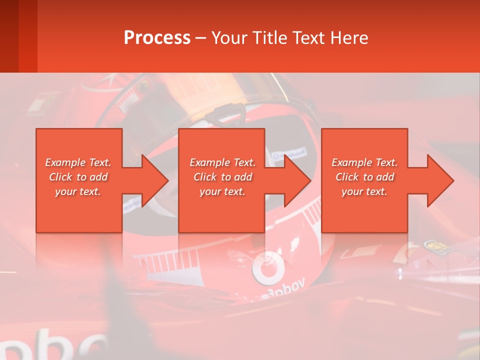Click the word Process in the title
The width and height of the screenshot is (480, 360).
[157, 37]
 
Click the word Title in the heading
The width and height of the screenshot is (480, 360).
[268, 37]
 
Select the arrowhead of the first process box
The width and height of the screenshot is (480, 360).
[155, 180]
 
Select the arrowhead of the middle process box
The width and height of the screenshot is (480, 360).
[297, 180]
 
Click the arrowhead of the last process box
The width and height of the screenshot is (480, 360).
[440, 180]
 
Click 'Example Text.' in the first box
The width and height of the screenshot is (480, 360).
[78, 162]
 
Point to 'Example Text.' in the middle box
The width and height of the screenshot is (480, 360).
[222, 162]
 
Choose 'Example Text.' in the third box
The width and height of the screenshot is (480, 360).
[364, 162]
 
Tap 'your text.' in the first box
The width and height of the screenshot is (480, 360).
[78, 191]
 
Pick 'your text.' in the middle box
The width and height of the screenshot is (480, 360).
[222, 191]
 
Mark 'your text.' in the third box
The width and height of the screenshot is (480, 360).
[364, 191]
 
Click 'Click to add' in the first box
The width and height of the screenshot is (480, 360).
[78, 177]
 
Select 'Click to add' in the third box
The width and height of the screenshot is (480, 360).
[364, 177]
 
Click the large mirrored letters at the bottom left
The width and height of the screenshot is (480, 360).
[55, 345]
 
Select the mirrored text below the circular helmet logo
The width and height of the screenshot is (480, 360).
[285, 290]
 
